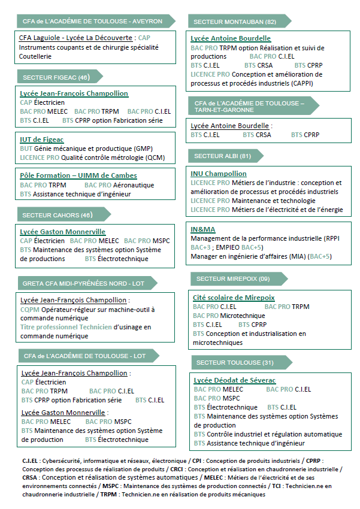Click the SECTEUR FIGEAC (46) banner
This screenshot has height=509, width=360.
[x=56, y=77]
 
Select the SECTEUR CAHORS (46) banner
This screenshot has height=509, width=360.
[x=58, y=214]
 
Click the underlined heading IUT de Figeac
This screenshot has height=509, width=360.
[x=42, y=139]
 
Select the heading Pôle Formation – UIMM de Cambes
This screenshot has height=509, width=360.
[x=78, y=175]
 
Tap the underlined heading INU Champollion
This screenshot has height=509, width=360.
[x=219, y=174]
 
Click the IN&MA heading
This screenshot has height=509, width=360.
[x=202, y=229]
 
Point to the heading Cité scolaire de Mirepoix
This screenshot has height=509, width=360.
[x=234, y=297]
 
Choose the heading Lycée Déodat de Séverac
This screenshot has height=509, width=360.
[x=235, y=380]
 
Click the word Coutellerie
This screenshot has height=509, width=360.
[x=36, y=56]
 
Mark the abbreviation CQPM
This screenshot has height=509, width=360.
[x=30, y=310]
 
